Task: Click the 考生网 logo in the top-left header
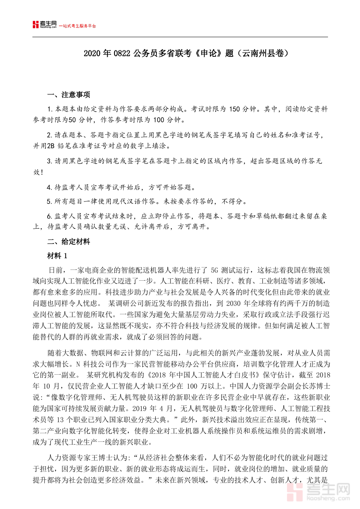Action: tap(45, 25)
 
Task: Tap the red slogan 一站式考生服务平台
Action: tap(78, 26)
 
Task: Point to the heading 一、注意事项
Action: tap(68, 95)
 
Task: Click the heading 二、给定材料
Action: tap(68, 242)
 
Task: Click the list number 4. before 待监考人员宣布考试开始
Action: tap(49, 187)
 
